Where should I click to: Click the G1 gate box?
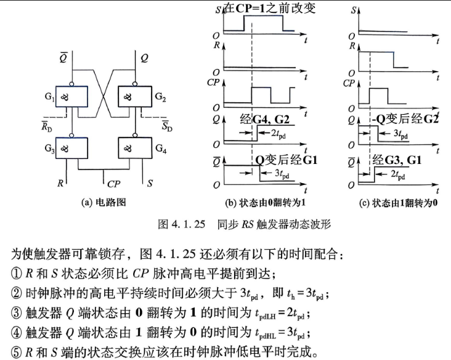(71, 96)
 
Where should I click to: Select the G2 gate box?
(135, 96)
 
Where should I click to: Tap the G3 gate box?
(71, 148)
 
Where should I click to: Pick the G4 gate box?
(135, 148)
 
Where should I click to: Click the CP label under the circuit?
(113, 184)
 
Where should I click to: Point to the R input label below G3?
(60, 183)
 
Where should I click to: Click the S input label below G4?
(150, 183)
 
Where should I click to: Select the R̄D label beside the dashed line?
(47, 126)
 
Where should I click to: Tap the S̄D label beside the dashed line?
(167, 126)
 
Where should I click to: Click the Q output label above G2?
(144, 59)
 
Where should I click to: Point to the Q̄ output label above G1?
(63, 57)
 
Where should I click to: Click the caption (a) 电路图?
(104, 203)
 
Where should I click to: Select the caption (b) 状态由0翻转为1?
(265, 203)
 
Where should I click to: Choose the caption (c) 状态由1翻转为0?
(399, 203)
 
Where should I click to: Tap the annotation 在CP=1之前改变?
(269, 8)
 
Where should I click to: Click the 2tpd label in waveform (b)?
(278, 134)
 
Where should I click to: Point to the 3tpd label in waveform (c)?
(400, 134)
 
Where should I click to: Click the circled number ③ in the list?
(17, 313)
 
